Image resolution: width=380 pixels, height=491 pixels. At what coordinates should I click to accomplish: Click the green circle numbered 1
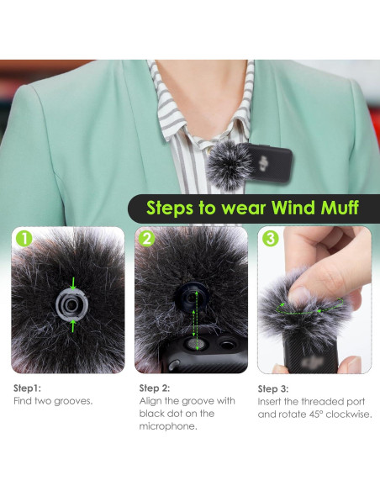point(24,239)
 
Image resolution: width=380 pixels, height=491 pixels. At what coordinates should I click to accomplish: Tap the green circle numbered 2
point(147,239)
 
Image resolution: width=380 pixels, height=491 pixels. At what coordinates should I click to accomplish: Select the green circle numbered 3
point(270,239)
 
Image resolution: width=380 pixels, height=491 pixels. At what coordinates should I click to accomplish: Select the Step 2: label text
point(156,388)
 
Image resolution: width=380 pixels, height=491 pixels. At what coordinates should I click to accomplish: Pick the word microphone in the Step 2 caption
point(166,426)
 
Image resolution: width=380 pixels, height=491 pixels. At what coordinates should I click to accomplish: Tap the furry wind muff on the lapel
point(240,161)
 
